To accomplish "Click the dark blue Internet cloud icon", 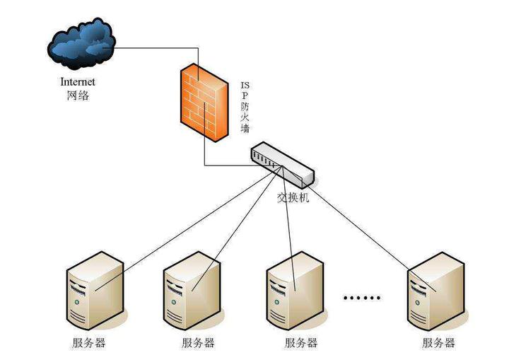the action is click(x=81, y=44).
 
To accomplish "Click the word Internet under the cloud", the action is click(x=78, y=82).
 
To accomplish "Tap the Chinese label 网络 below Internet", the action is click(x=78, y=95).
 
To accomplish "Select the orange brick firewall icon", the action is click(x=204, y=103).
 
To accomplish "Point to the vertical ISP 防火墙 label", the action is click(x=245, y=107).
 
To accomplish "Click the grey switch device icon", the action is click(x=283, y=165).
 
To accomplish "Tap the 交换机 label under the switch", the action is click(x=293, y=197).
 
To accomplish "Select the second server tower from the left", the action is click(x=192, y=291).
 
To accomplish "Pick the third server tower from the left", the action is click(x=295, y=291).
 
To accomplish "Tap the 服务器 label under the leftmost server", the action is click(x=88, y=343).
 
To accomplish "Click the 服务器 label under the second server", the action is click(x=198, y=343).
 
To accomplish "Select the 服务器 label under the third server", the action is click(x=301, y=343).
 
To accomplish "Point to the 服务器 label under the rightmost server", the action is click(x=438, y=343).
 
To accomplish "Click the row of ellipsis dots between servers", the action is click(x=362, y=298).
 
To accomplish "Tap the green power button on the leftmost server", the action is click(x=77, y=302).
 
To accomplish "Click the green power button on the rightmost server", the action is click(x=418, y=303).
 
